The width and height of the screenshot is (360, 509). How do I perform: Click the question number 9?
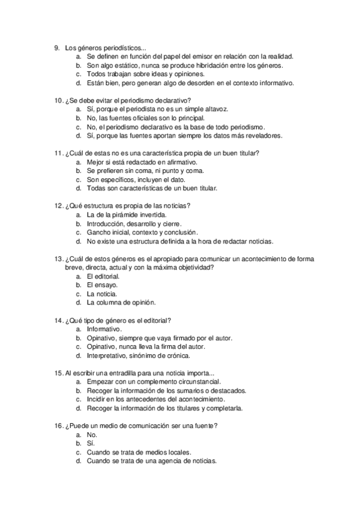[x=56, y=47]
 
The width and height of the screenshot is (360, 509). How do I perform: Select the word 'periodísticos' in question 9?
[x=113, y=47]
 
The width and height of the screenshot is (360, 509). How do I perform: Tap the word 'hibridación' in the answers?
[x=205, y=65]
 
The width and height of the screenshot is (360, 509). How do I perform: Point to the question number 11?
[x=58, y=153]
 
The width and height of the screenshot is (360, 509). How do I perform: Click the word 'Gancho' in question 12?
[x=98, y=232]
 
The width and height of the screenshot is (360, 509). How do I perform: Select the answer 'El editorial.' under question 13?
[x=103, y=276]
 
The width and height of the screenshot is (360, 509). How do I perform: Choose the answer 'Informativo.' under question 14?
[x=104, y=329]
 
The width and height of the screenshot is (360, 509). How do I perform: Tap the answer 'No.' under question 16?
[x=92, y=435]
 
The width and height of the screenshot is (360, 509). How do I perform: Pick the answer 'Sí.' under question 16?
[x=91, y=444]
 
